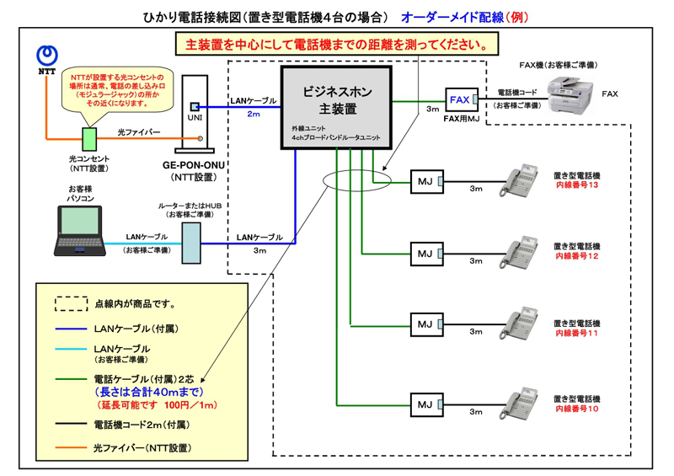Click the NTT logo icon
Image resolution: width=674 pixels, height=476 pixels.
click(x=48, y=56)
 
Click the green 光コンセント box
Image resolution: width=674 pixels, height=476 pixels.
click(x=88, y=138)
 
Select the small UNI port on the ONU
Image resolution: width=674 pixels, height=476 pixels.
click(x=194, y=107)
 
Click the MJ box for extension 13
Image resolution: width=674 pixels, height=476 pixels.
click(x=425, y=180)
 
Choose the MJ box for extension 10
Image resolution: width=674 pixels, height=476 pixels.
click(x=425, y=405)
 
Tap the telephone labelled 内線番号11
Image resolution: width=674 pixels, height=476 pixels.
click(x=517, y=324)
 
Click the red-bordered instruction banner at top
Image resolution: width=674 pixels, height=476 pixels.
click(x=336, y=44)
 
